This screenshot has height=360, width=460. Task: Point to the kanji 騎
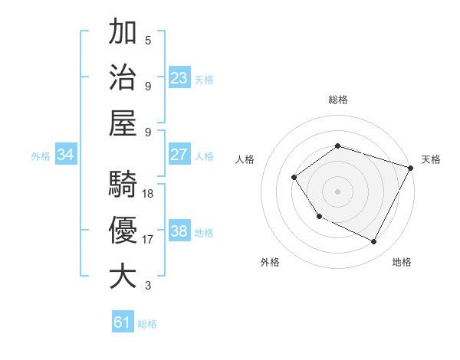click(x=123, y=185)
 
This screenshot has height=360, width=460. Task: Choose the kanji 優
click(x=123, y=231)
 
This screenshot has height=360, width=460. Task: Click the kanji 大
click(x=123, y=277)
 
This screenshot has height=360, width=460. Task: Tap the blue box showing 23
click(x=179, y=78)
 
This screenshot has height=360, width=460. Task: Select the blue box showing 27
click(x=179, y=155)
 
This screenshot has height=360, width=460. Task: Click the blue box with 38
click(x=179, y=232)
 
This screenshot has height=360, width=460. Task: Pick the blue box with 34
click(x=66, y=155)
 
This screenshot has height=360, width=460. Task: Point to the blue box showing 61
click(x=123, y=322)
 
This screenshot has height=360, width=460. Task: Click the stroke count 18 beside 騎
click(x=149, y=194)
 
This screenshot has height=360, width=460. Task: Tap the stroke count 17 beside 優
click(x=149, y=240)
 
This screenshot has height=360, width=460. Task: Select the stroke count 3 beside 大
click(x=148, y=286)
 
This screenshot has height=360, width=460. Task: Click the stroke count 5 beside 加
click(x=148, y=40)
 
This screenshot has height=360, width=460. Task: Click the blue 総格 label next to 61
click(x=147, y=324)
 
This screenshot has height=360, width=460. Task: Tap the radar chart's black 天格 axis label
click(x=431, y=159)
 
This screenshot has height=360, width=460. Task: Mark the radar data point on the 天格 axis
click(x=411, y=168)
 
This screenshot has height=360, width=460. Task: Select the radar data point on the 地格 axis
click(x=374, y=242)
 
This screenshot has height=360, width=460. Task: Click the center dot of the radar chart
click(x=337, y=191)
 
